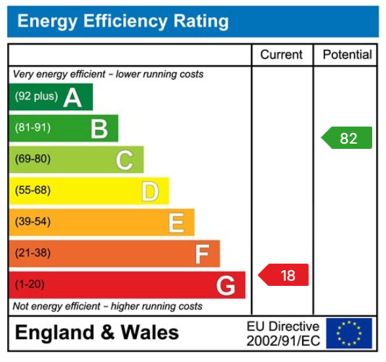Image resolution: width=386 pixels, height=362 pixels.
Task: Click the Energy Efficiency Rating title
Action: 123,21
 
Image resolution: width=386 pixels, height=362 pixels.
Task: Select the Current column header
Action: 282,55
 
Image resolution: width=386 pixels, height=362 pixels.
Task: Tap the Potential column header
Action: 347,55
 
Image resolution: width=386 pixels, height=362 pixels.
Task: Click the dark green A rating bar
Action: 51,97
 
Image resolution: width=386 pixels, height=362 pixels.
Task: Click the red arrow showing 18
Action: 284,275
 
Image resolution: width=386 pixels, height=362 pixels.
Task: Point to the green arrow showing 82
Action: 347,138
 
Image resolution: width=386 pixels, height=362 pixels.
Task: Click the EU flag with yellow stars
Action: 349,334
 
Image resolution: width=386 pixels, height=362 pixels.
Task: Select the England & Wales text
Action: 96,332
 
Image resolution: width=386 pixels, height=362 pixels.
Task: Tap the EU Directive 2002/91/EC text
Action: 282,334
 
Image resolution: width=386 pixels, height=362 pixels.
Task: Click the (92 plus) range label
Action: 36,97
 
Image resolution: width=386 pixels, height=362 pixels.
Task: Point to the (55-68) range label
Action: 33,191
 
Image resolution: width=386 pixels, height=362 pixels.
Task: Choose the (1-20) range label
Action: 30,285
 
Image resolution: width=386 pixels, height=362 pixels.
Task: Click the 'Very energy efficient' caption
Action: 108,74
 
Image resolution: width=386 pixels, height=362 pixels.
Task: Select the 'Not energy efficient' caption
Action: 108,306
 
